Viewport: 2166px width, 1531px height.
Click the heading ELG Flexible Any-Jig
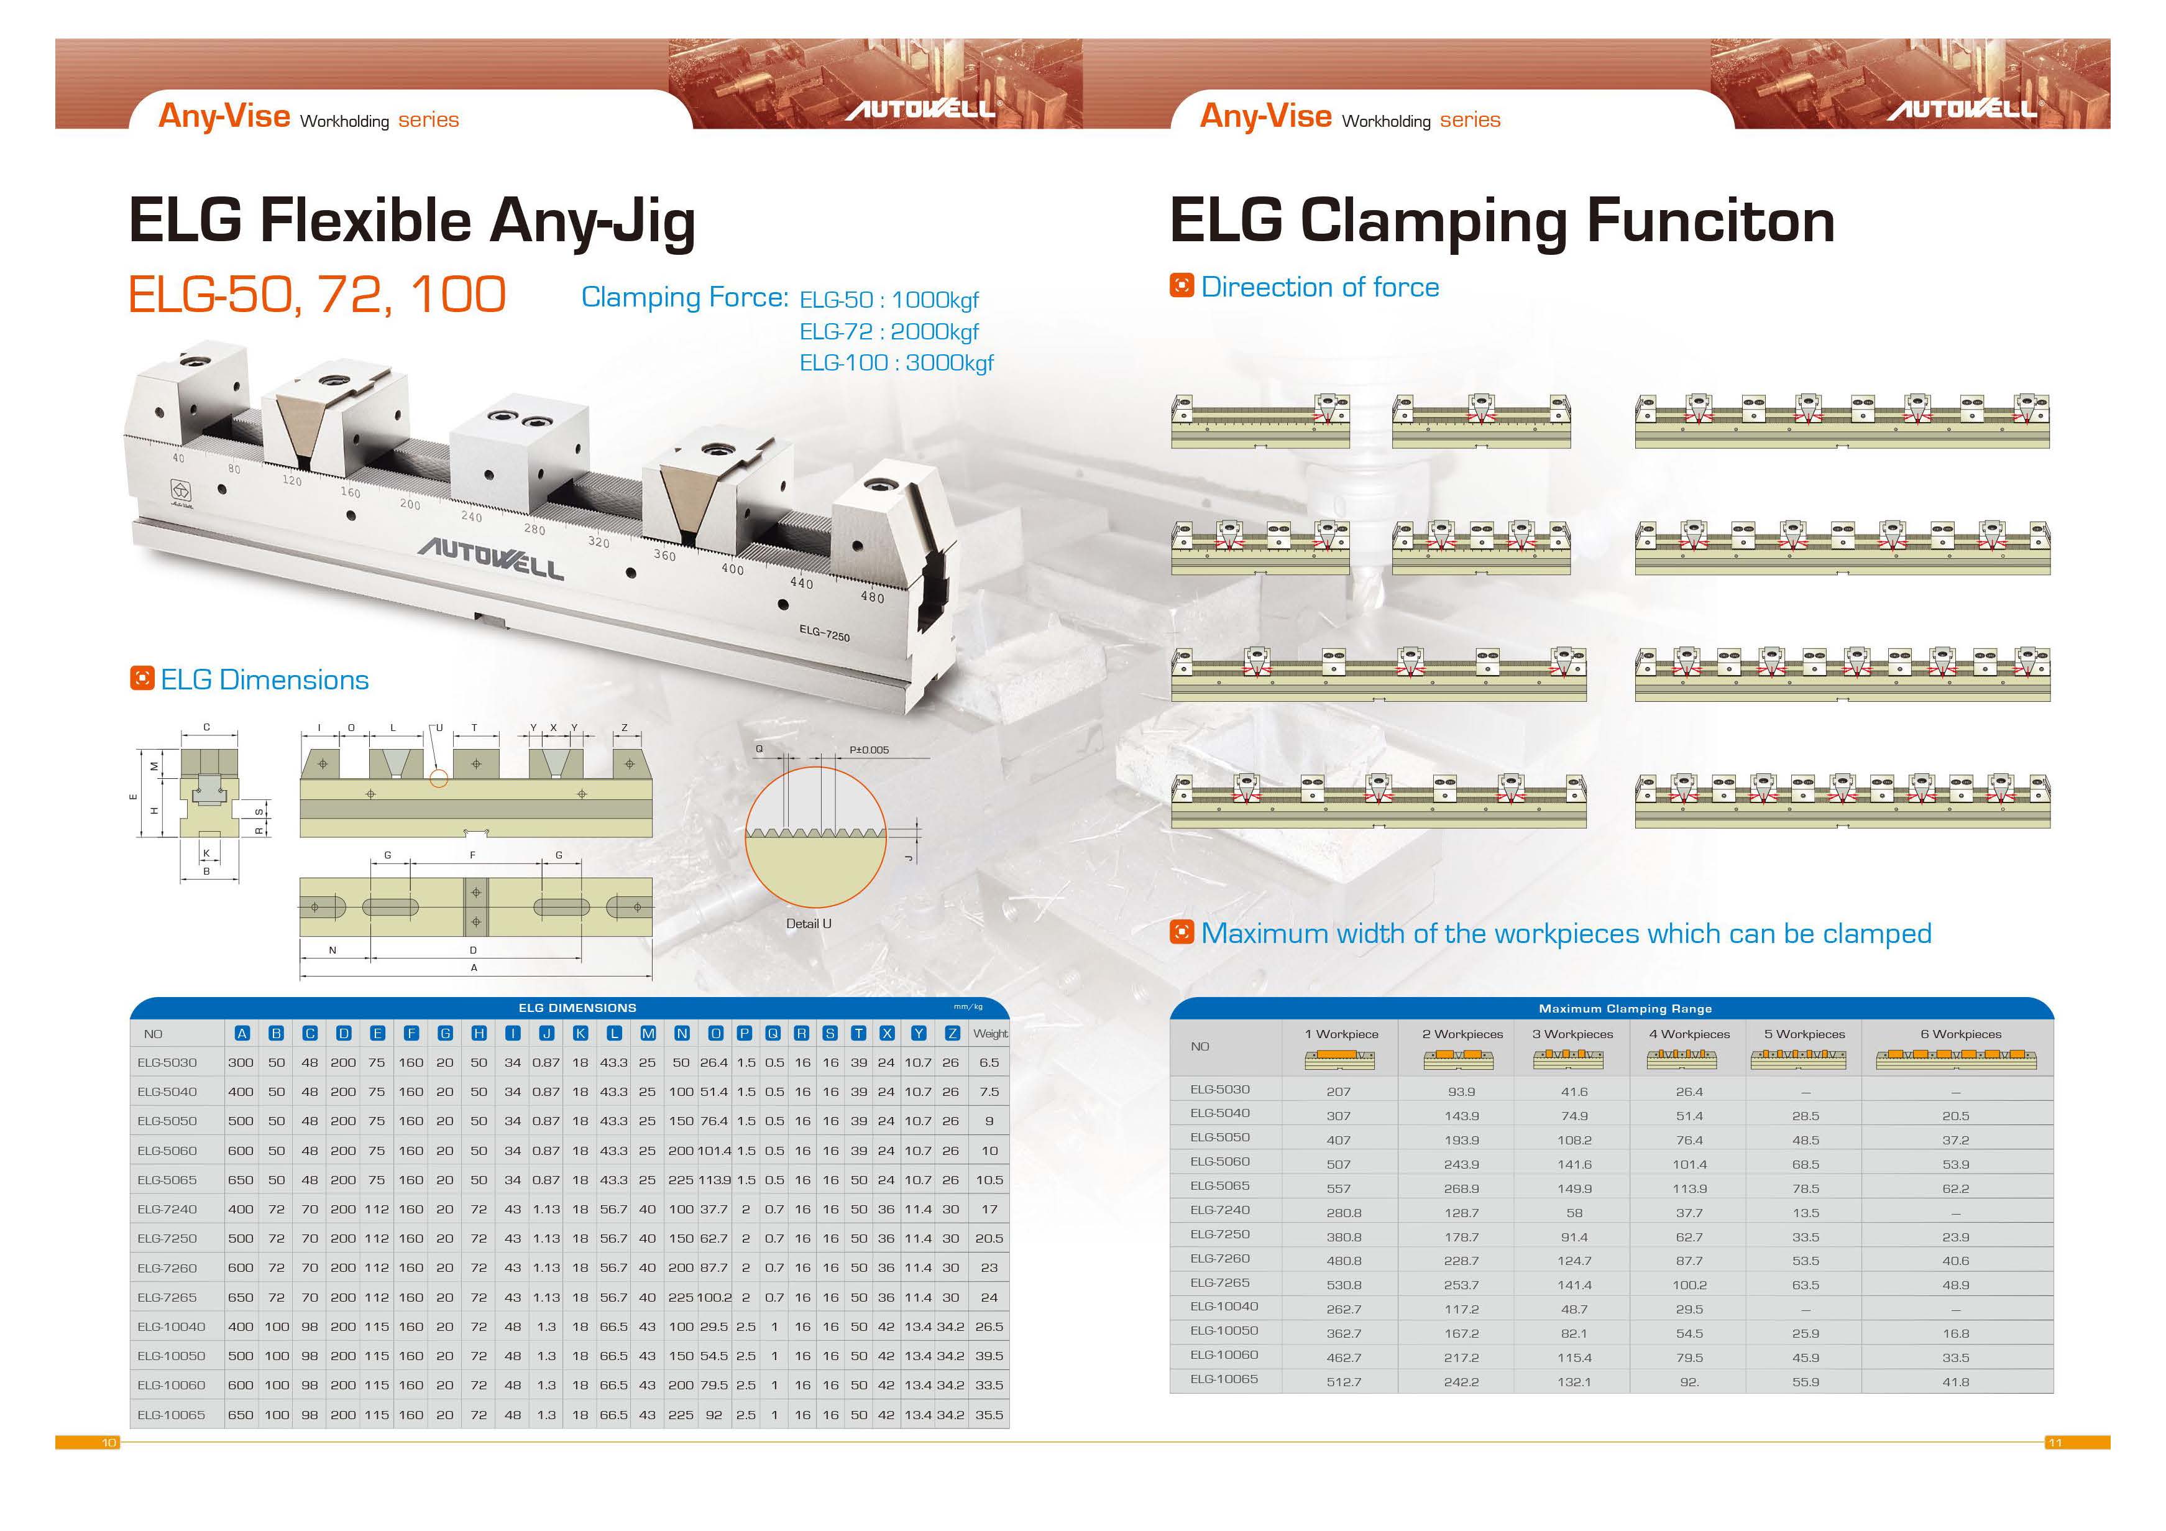[x=411, y=223]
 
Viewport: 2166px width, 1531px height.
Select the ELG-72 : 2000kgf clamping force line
[x=889, y=332]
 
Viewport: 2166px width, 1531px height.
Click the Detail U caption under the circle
[x=809, y=924]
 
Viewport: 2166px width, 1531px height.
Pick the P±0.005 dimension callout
[x=869, y=750]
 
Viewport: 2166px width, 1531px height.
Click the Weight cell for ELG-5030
[x=989, y=1062]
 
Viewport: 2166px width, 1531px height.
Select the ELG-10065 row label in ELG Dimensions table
[x=171, y=1415]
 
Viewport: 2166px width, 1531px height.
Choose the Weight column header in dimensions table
[x=991, y=1034]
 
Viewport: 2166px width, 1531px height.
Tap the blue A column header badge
[x=242, y=1034]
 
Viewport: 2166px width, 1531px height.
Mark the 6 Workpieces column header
[x=1960, y=1034]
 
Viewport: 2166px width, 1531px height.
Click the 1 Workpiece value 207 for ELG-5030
[x=1338, y=1092]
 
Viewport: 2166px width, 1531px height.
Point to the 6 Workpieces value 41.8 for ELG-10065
[x=1956, y=1382]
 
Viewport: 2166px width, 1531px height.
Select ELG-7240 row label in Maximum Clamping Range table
[x=1220, y=1210]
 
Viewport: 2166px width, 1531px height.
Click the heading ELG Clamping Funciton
[x=1502, y=223]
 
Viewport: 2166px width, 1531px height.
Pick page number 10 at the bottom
[x=109, y=1442]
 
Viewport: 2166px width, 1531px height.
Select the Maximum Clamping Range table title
[x=1625, y=1008]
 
